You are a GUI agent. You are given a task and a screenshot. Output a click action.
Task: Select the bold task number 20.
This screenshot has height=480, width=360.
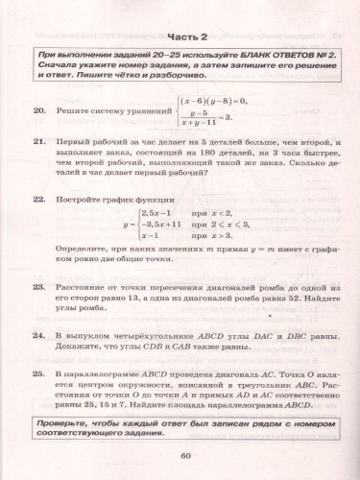click(39, 113)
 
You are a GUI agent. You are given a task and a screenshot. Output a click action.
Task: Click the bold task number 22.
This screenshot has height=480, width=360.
click(39, 202)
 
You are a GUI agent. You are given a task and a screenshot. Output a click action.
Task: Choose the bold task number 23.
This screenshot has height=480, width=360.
click(39, 287)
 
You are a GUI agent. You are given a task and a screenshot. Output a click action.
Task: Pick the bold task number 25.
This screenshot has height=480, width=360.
click(39, 372)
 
